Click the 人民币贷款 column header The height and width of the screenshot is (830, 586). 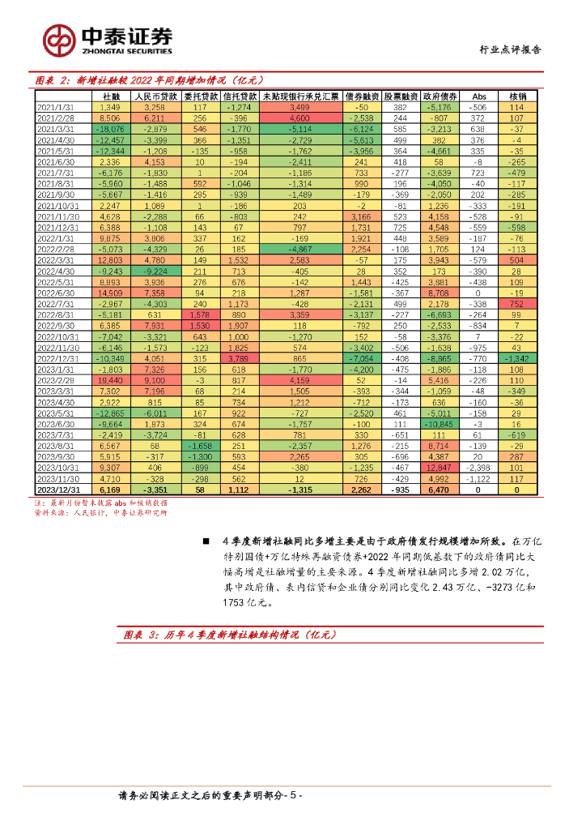tap(154, 96)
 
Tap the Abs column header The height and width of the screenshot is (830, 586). tap(479, 96)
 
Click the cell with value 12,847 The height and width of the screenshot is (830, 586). tap(442, 468)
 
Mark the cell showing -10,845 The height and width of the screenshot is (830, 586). tap(442, 423)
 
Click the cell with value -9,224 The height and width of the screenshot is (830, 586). tap(154, 272)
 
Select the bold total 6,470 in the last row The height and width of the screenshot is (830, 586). tap(442, 490)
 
